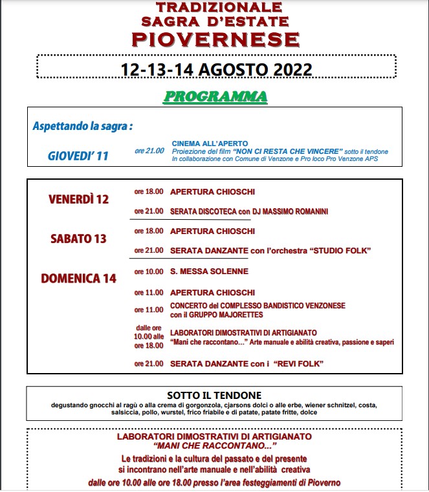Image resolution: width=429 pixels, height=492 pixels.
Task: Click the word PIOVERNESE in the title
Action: pyautogui.click(x=215, y=39)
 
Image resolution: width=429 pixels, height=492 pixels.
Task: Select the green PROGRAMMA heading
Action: pyautogui.click(x=215, y=97)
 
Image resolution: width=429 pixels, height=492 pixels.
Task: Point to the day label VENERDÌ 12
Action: pyautogui.click(x=79, y=199)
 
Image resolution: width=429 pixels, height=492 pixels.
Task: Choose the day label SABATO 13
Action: pyautogui.click(x=78, y=239)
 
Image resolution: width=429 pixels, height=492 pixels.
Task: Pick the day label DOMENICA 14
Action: pyautogui.click(x=79, y=279)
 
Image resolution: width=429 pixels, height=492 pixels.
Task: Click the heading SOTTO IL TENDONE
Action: pyautogui.click(x=214, y=396)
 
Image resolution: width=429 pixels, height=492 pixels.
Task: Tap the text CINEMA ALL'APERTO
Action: pyautogui.click(x=210, y=143)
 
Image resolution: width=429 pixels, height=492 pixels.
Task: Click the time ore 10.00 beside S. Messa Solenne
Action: pyautogui.click(x=149, y=272)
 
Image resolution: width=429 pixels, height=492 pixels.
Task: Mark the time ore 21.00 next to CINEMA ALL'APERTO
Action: pyautogui.click(x=149, y=151)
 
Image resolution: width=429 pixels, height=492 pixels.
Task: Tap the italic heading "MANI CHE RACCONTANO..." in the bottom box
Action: pyautogui.click(x=215, y=446)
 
